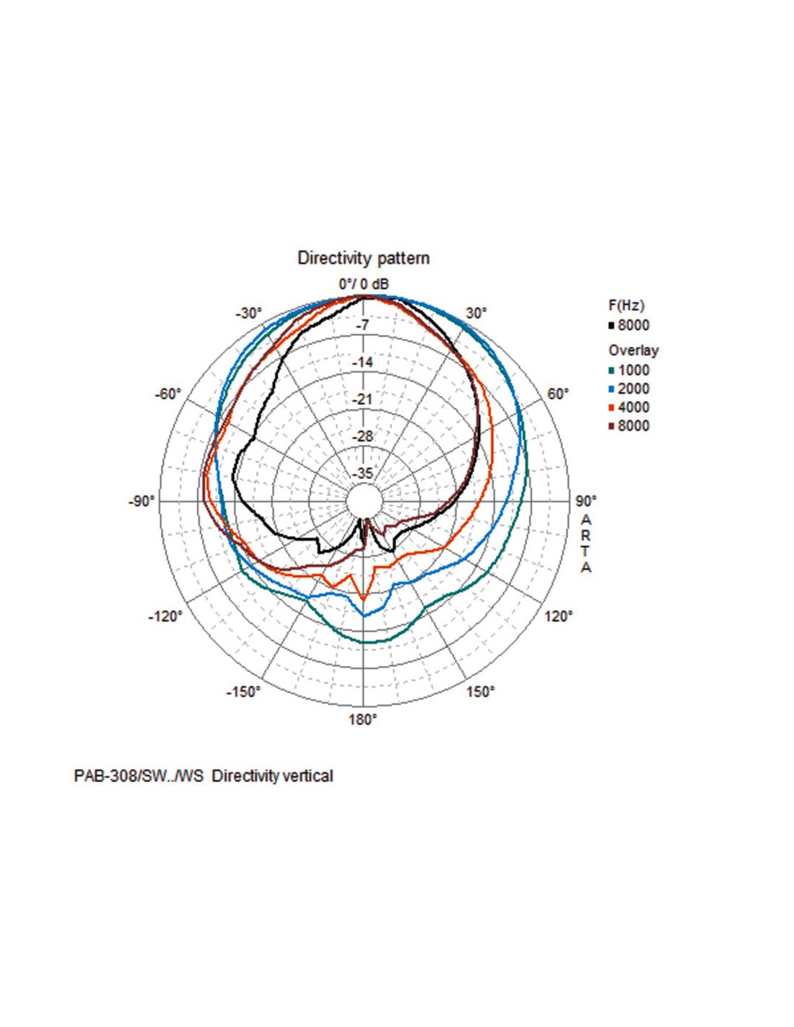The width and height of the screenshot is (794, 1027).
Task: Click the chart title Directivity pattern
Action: pyautogui.click(x=363, y=258)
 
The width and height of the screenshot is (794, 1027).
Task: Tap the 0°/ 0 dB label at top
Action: pyautogui.click(x=364, y=285)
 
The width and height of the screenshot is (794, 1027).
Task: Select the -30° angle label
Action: pyautogui.click(x=249, y=313)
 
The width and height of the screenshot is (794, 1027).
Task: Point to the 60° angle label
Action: pyautogui.click(x=557, y=394)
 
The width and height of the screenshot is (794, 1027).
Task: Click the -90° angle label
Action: pyautogui.click(x=141, y=501)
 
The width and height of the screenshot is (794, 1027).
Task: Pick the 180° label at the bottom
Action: pyautogui.click(x=363, y=719)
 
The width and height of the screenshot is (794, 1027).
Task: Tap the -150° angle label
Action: pyautogui.click(x=243, y=692)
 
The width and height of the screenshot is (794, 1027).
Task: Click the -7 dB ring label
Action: pyautogui.click(x=362, y=325)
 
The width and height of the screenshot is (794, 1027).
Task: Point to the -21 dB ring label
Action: pyautogui.click(x=362, y=399)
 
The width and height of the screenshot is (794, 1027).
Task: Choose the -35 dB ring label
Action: pyautogui.click(x=362, y=474)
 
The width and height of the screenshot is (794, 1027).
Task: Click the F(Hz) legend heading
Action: pyautogui.click(x=627, y=305)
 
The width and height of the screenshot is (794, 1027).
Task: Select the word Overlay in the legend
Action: pyautogui.click(x=633, y=350)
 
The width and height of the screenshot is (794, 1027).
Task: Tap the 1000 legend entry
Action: pyautogui.click(x=633, y=370)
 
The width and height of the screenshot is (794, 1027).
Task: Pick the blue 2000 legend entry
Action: pyautogui.click(x=633, y=389)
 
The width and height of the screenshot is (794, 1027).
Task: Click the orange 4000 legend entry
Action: pyautogui.click(x=633, y=407)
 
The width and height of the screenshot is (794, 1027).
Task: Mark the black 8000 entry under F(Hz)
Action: pyautogui.click(x=633, y=325)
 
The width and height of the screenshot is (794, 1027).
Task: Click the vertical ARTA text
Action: pyautogui.click(x=586, y=543)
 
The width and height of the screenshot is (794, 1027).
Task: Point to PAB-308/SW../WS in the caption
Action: pyautogui.click(x=139, y=776)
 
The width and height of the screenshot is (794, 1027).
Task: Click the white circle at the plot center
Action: pyautogui.click(x=363, y=500)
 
